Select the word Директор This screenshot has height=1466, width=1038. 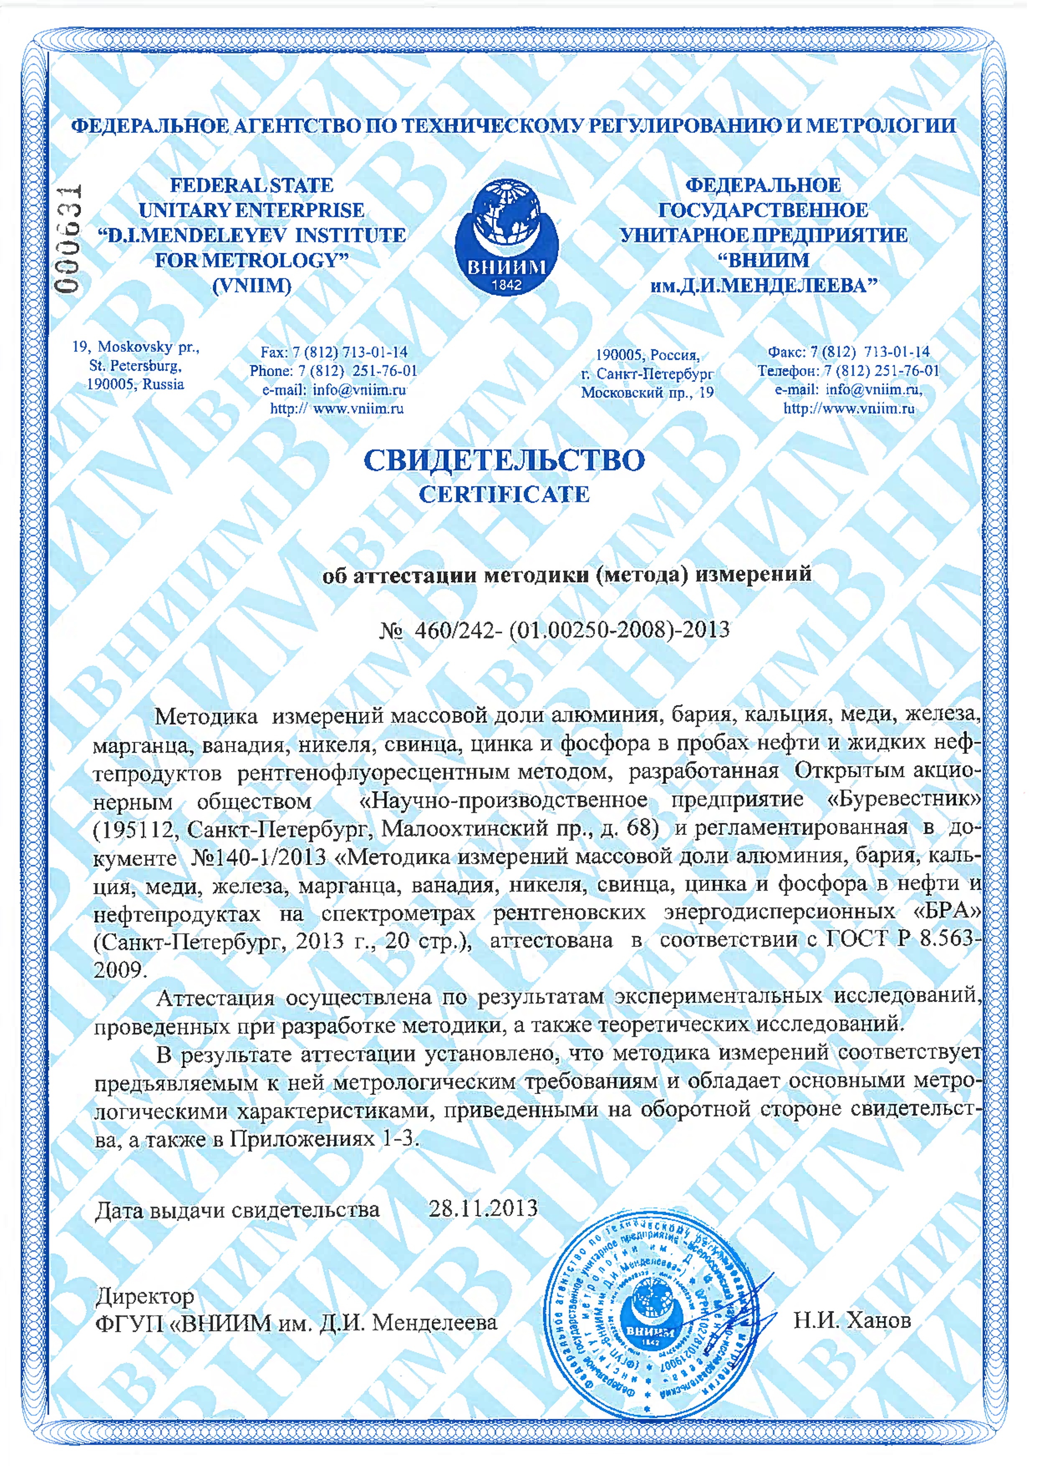tap(145, 1296)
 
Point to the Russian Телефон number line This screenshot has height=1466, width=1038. tap(848, 371)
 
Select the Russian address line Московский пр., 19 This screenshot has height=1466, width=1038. tap(647, 392)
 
